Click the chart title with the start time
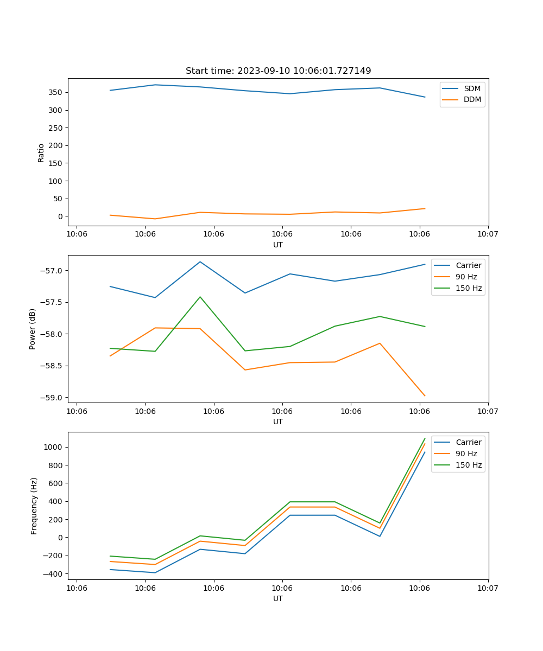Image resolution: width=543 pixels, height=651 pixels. tap(278, 71)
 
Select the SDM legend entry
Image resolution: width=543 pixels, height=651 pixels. tap(472, 88)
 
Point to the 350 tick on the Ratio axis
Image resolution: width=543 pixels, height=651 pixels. tap(56, 92)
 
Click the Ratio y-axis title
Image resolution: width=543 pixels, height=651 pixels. tap(41, 152)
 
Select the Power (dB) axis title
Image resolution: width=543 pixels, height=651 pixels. tap(33, 329)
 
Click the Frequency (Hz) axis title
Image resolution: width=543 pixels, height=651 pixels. tap(34, 506)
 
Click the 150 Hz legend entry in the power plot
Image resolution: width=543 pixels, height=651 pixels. tap(469, 288)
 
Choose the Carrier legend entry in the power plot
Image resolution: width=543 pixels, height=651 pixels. tap(468, 265)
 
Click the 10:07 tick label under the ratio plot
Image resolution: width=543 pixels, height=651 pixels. tap(488, 234)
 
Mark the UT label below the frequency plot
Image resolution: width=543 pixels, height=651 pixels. tap(278, 598)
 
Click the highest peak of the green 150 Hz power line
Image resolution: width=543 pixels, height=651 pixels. tap(200, 297)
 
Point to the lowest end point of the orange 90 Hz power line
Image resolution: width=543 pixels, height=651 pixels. tap(425, 396)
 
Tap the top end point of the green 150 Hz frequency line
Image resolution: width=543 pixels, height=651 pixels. tap(425, 438)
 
